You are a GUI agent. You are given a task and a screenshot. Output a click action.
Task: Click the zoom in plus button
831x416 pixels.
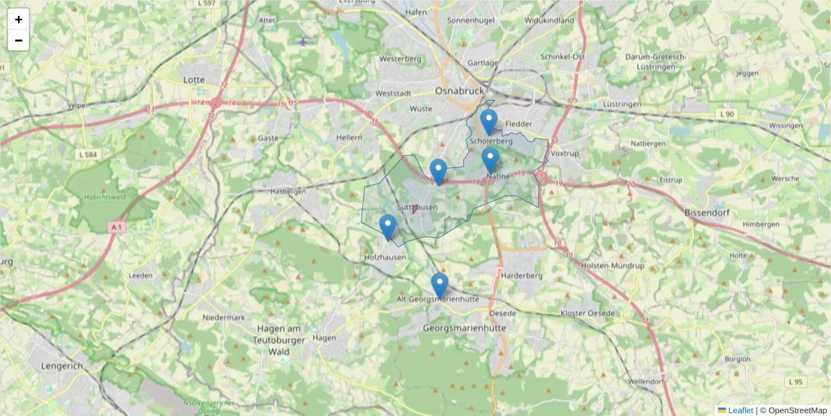pos(19,19)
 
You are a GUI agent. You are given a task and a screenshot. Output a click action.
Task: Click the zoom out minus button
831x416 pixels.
pos(19,40)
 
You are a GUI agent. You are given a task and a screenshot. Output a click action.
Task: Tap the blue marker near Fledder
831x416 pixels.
pos(489,122)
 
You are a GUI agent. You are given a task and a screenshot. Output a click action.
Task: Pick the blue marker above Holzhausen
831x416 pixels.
pos(388,227)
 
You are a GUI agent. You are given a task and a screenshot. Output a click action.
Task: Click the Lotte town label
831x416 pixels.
pos(194,80)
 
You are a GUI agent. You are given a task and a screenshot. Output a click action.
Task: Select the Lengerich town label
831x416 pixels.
pos(62,365)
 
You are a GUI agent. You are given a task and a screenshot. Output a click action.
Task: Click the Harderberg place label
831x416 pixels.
pos(521,275)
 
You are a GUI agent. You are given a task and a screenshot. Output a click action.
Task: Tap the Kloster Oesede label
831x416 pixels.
pos(587,313)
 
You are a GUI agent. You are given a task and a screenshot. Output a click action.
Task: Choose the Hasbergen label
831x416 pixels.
pos(288,191)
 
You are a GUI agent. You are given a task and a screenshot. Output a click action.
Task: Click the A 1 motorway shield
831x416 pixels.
pos(116,227)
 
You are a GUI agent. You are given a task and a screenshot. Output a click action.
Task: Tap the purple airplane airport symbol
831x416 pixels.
pos(303,42)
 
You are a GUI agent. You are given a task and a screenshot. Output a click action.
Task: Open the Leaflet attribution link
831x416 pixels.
pos(740,410)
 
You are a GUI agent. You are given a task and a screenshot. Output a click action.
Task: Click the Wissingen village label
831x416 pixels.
pos(785,125)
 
